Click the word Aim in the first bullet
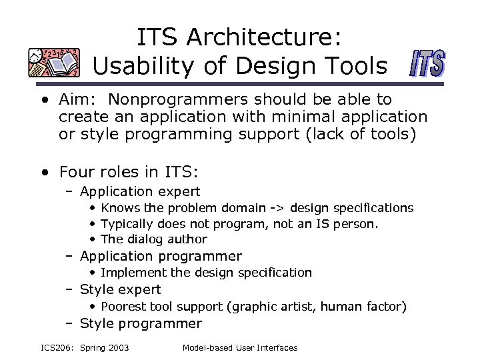75,100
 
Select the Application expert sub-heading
140,191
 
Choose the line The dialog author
153,239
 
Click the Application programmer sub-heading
161,256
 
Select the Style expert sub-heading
120,289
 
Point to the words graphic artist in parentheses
273,307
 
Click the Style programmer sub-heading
140,324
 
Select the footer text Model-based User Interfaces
239,347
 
